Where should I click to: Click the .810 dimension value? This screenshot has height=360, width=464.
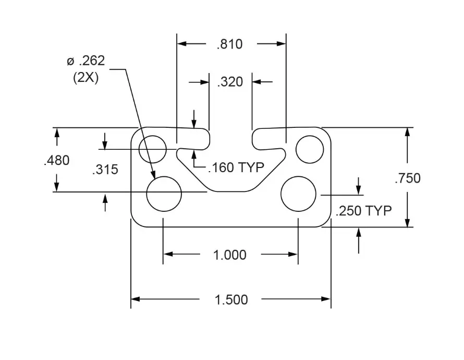tap(230, 44)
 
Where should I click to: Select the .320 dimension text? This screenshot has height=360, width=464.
tap(230, 82)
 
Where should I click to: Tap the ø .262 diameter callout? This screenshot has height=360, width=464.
tap(86, 61)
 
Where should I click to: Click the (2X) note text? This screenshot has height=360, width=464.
tap(86, 77)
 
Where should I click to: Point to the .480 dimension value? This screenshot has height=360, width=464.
tap(56, 161)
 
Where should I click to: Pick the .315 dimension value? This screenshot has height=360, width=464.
tap(105, 170)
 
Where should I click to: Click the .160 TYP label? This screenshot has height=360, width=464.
tap(236, 167)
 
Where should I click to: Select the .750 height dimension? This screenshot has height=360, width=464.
tap(407, 178)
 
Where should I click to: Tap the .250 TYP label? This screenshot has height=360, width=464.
tap(363, 211)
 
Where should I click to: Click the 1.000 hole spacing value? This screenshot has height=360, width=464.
tap(230, 255)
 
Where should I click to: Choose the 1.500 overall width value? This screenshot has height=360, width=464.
tap(231, 299)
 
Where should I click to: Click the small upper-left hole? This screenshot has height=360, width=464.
tap(153, 148)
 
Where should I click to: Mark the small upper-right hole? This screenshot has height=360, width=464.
tap(310, 149)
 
